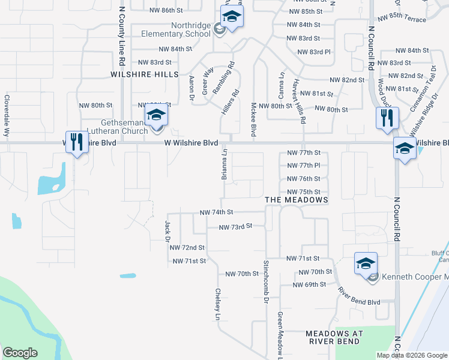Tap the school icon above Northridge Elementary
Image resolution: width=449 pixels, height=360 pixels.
click(x=232, y=17)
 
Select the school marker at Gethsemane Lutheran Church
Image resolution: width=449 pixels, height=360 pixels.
click(x=156, y=115)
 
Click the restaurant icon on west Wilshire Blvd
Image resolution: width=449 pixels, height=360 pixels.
click(x=76, y=143)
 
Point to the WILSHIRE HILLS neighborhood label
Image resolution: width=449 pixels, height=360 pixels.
click(x=145, y=74)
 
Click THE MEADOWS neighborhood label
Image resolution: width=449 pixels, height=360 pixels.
click(x=297, y=199)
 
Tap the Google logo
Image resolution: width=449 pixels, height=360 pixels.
click(x=20, y=353)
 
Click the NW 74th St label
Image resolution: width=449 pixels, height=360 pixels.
click(x=215, y=212)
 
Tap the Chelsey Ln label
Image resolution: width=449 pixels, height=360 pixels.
click(x=218, y=304)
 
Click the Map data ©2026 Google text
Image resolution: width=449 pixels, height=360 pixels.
click(x=411, y=355)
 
